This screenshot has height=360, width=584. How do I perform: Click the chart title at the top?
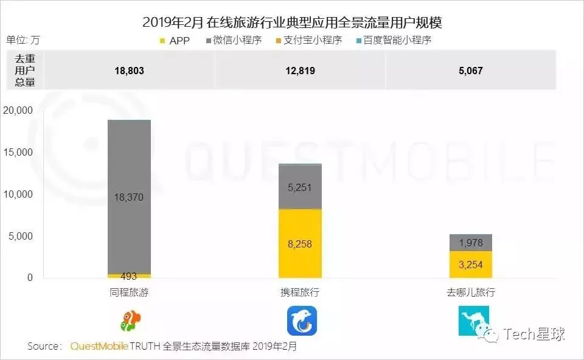click(292, 22)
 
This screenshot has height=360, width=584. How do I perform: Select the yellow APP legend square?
click(162, 41)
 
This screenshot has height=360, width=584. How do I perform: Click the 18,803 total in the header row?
click(129, 71)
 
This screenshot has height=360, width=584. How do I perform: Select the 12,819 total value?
click(301, 71)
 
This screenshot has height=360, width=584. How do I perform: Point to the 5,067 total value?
click(471, 71)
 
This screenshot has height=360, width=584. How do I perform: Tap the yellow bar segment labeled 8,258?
click(301, 243)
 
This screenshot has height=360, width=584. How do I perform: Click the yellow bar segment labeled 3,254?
click(471, 265)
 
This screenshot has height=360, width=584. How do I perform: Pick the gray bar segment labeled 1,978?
click(471, 243)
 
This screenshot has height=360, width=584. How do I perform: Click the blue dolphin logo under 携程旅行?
click(302, 320)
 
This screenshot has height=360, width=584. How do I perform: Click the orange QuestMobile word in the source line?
click(99, 346)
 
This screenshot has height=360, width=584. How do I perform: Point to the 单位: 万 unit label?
click(23, 40)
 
